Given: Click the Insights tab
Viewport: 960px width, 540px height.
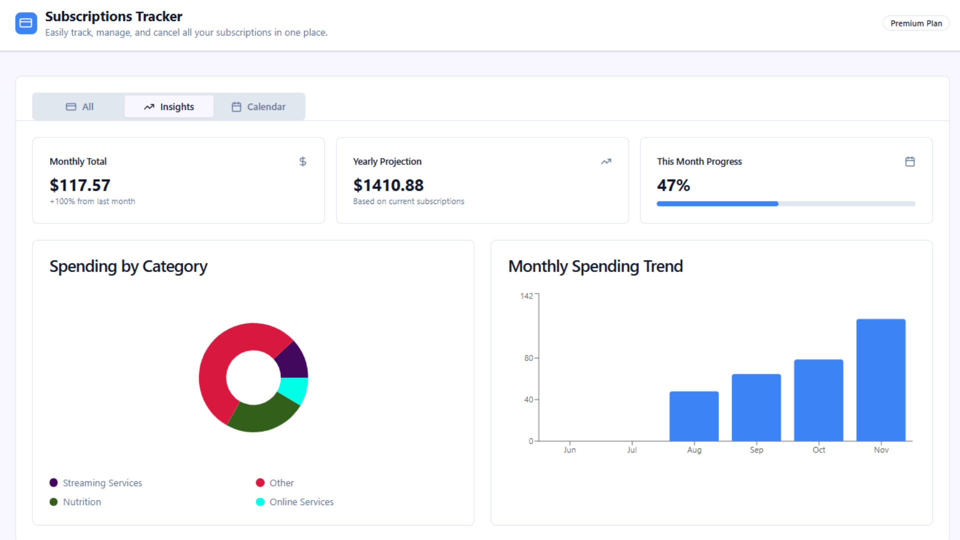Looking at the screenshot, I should (169, 106).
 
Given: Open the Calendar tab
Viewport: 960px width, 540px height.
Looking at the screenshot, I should (258, 106).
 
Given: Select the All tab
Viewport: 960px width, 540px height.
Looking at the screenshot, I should (80, 106).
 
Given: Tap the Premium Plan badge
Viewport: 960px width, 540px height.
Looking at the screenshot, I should (915, 23).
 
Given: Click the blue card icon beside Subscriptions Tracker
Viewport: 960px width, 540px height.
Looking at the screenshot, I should (26, 23).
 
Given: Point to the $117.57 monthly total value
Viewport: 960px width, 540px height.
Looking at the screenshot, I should (80, 185).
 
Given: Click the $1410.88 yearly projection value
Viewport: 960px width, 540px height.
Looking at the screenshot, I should (388, 185).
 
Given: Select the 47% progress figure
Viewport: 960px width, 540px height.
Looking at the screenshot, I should (673, 185).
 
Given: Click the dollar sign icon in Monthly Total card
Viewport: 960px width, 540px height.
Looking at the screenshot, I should (302, 161).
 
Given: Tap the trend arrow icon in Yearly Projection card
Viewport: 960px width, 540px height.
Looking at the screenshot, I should (606, 161).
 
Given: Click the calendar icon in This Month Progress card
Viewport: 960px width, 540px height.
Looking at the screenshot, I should (910, 161).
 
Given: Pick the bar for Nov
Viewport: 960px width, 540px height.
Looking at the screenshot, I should (881, 380).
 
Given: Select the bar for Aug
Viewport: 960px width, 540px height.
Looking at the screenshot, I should (694, 416).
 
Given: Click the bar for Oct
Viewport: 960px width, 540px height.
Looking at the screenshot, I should (818, 400).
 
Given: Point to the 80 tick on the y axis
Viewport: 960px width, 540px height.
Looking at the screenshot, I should (528, 358).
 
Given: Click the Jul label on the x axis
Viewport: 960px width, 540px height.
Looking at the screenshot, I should (632, 450).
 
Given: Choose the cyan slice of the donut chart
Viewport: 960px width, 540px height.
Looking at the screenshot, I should (294, 390).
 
